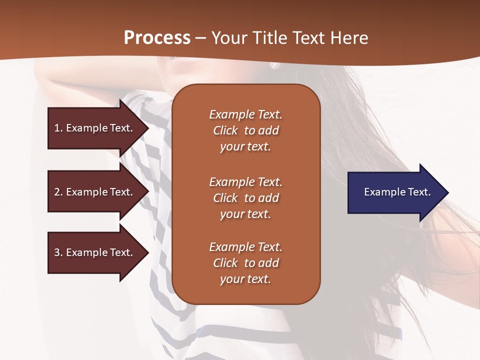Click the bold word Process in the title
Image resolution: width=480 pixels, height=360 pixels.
pos(157,38)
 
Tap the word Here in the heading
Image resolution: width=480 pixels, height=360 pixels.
pos(349,38)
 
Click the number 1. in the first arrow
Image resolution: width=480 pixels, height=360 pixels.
pos(58,128)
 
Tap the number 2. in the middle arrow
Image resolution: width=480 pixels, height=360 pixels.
pos(58,192)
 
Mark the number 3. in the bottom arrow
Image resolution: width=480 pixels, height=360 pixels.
pos(58,252)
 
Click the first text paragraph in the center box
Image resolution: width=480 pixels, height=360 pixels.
pos(245,130)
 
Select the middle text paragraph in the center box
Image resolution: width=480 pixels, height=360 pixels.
pos(245,198)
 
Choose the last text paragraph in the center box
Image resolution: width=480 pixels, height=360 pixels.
pos(245,263)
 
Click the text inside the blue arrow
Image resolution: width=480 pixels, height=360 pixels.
pos(397,192)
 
